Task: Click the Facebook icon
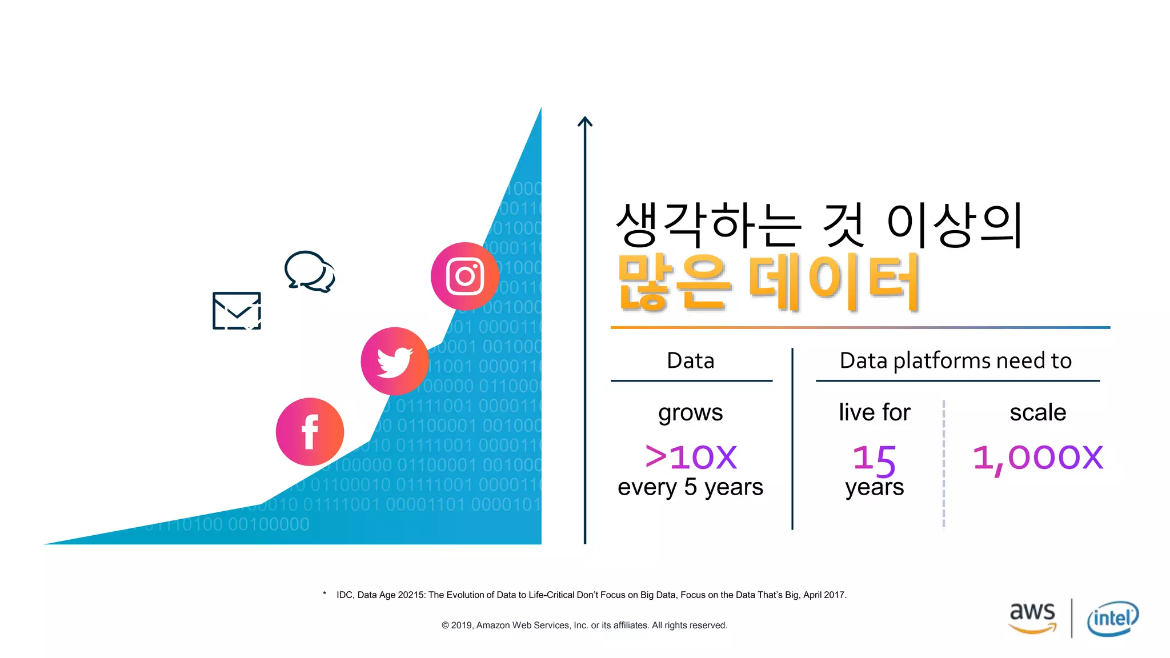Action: point(310,432)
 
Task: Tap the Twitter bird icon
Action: point(394,361)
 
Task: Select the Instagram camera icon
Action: point(465,276)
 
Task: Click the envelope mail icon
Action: point(237,311)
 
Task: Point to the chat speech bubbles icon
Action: point(310,271)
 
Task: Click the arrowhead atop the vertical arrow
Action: point(585,121)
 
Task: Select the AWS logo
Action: point(1032,617)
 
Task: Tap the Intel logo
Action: point(1112,618)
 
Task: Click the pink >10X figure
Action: point(691,457)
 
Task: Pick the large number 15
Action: point(874,459)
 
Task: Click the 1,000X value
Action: point(1037,458)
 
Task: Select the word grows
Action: point(690,412)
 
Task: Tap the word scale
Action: point(1037,412)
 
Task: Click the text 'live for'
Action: point(874,412)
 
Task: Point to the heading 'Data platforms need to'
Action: point(955,361)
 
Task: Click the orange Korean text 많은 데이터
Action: point(768,283)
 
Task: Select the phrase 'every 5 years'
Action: point(690,487)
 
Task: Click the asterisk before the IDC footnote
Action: point(324,594)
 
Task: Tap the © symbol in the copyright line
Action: point(445,625)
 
